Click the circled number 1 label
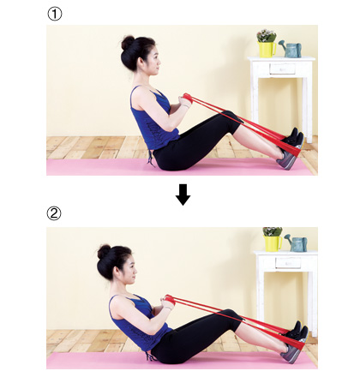pos(54,14)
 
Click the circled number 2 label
pos(54,213)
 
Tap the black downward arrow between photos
pos(183,194)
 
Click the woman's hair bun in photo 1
pos(128,43)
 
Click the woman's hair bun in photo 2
pos(104,252)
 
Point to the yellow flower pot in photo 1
pos(267,49)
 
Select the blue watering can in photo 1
pos(291,50)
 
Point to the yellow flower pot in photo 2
pos(273,243)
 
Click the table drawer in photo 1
pos(282,69)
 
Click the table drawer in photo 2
pos(288,263)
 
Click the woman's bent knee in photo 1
pos(231,117)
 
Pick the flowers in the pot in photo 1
pos(267,35)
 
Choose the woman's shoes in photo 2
pos(294,342)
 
